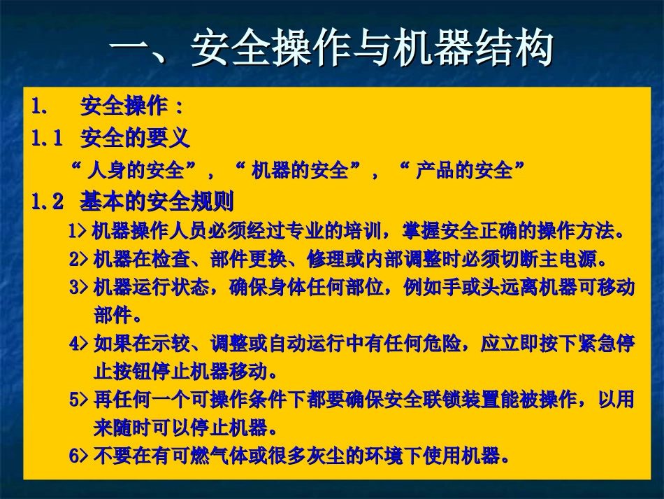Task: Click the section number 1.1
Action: coord(48,138)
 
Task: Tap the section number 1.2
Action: coord(48,202)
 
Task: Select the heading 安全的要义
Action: coord(135,138)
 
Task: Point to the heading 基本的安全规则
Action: coord(157,202)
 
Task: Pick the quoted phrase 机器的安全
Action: coord(300,170)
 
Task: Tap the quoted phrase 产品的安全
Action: coord(464,170)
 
